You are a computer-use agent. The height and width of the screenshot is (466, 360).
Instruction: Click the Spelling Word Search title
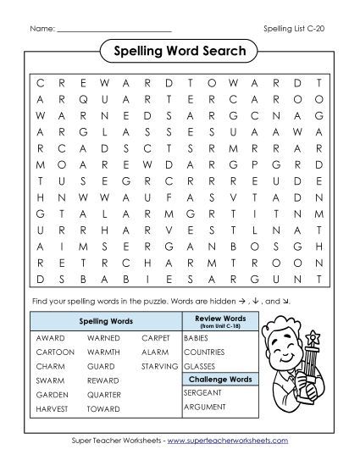179,52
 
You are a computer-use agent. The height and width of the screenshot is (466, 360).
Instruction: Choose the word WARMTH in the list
104,351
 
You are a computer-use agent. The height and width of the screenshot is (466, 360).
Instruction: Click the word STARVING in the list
160,365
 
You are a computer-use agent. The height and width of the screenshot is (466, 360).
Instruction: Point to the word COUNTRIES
206,351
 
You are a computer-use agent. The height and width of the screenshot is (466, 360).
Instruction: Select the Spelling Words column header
105,322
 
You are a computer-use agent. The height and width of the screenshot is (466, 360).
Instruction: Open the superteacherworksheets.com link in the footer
228,441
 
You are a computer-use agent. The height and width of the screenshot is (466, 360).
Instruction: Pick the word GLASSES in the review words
199,365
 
